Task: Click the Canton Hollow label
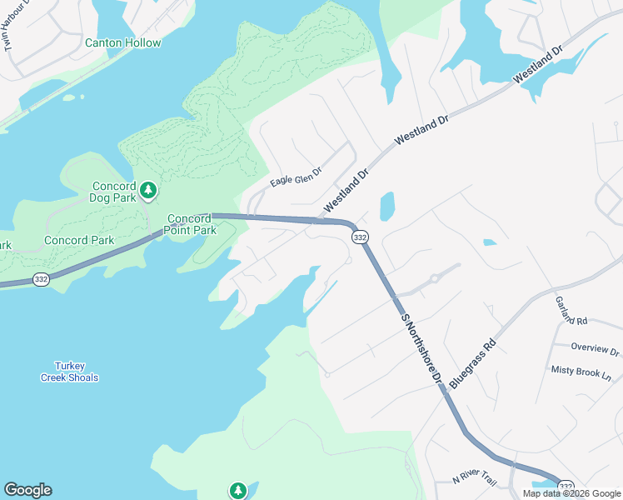pyautogui.click(x=122, y=42)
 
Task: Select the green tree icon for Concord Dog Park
pyautogui.click(x=148, y=190)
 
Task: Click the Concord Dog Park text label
pyautogui.click(x=114, y=192)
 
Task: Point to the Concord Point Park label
pyautogui.click(x=188, y=224)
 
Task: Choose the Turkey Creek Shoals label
pyautogui.click(x=70, y=372)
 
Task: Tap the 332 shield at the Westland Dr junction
pyautogui.click(x=359, y=237)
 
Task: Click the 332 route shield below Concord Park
pyautogui.click(x=41, y=280)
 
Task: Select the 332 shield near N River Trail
pyautogui.click(x=566, y=487)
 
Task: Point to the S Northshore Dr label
pyautogui.click(x=421, y=348)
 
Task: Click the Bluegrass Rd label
pyautogui.click(x=472, y=362)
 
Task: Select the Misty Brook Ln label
pyautogui.click(x=581, y=372)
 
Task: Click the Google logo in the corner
pyautogui.click(x=27, y=490)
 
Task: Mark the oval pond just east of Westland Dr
pyautogui.click(x=386, y=207)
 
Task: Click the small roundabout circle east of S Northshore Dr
pyautogui.click(x=434, y=279)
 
